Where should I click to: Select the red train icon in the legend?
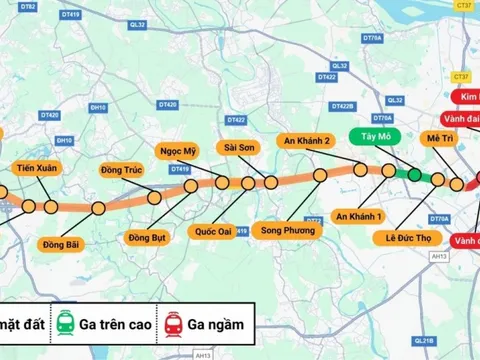pyautogui.click(x=174, y=324)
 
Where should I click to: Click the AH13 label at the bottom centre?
pyautogui.click(x=204, y=354)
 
